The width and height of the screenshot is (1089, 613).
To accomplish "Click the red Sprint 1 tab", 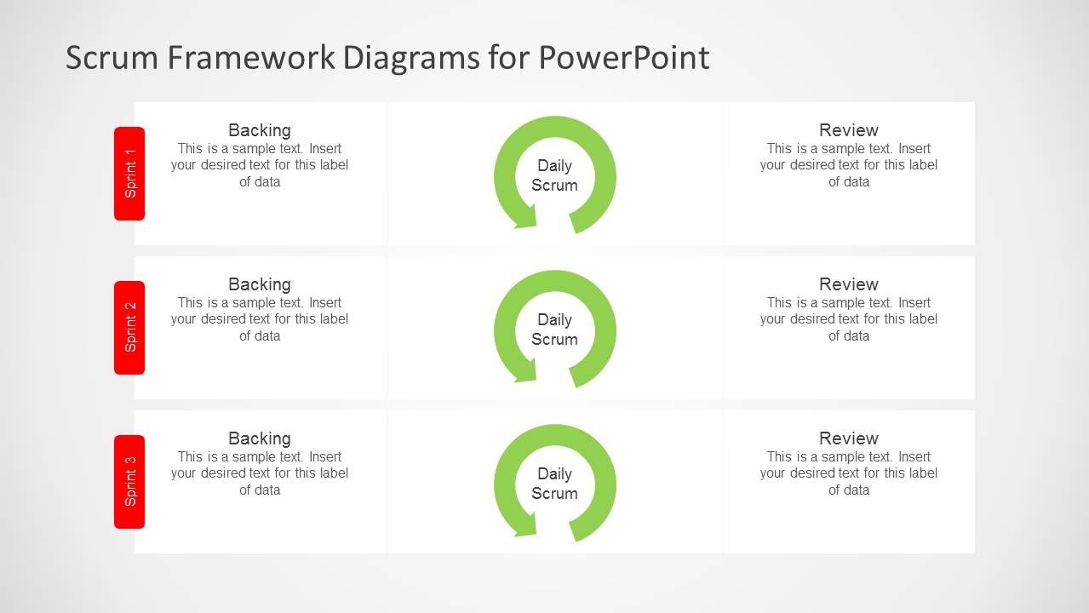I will (129, 174).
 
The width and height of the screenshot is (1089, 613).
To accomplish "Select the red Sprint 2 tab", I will (129, 328).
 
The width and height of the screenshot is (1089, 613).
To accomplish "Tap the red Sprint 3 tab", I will (129, 482).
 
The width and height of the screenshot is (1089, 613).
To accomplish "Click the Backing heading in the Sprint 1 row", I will (260, 130).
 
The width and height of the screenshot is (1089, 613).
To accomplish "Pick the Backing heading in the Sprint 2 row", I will (260, 284).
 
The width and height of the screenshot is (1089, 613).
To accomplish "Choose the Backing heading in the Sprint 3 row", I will (260, 438).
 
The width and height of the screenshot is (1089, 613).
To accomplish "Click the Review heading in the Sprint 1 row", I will (848, 130).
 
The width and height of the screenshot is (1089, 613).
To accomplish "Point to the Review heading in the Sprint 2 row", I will (848, 284).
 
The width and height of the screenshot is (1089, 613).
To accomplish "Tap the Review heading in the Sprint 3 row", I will (848, 438).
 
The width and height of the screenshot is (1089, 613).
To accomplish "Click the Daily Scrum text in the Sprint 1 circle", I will (554, 175).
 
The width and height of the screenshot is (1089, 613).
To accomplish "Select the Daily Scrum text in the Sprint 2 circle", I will (554, 329).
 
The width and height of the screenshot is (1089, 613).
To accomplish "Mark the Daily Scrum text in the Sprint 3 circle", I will (554, 484).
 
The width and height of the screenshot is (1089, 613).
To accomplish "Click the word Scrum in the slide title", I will (112, 58).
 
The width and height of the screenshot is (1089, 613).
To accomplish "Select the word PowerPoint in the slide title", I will (623, 58).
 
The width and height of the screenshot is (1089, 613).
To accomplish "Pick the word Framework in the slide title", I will (252, 58).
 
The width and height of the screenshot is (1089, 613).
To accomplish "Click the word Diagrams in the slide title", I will (411, 58).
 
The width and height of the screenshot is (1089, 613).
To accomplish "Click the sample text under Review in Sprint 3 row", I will (848, 473).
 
